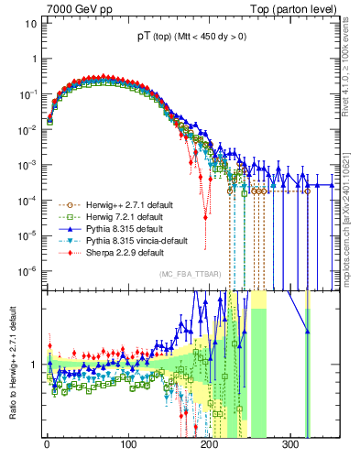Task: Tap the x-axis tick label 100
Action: (128, 444)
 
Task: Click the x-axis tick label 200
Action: (210, 444)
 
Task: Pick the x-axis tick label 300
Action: (290, 444)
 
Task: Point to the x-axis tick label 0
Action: (47, 444)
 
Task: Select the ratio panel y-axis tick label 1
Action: (34, 364)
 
